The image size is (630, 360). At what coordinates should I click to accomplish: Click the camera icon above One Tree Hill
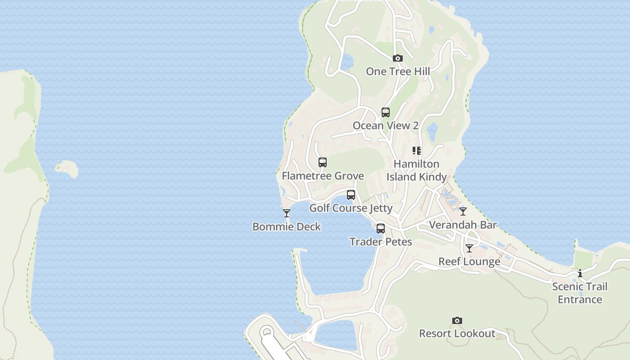397,58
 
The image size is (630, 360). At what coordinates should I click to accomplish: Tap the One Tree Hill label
397,72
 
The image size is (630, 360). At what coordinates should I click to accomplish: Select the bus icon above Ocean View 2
386,112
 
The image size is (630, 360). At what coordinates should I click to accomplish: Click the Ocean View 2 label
386,126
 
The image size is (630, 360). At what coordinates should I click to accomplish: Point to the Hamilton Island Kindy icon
417,151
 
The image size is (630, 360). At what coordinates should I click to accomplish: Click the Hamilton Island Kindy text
417,171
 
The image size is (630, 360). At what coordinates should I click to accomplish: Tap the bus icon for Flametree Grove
323,162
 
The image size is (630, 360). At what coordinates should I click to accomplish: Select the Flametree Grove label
323,176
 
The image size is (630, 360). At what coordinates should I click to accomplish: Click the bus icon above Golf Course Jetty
351,195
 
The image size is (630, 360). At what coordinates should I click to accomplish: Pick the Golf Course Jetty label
351,208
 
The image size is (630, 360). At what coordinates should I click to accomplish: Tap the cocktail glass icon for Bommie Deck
287,213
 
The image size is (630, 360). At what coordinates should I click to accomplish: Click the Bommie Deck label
287,227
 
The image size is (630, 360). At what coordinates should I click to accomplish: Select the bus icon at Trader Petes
381,229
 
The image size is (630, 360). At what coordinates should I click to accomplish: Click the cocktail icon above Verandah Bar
463,211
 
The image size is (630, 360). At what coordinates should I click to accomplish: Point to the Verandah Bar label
463,225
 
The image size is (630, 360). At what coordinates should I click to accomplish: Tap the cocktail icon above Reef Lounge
469,248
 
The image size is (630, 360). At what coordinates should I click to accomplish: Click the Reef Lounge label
469,262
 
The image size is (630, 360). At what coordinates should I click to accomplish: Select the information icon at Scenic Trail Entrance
580,273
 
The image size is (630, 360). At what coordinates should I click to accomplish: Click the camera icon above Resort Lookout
457,321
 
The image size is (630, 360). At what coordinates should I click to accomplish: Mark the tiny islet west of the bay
67,168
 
